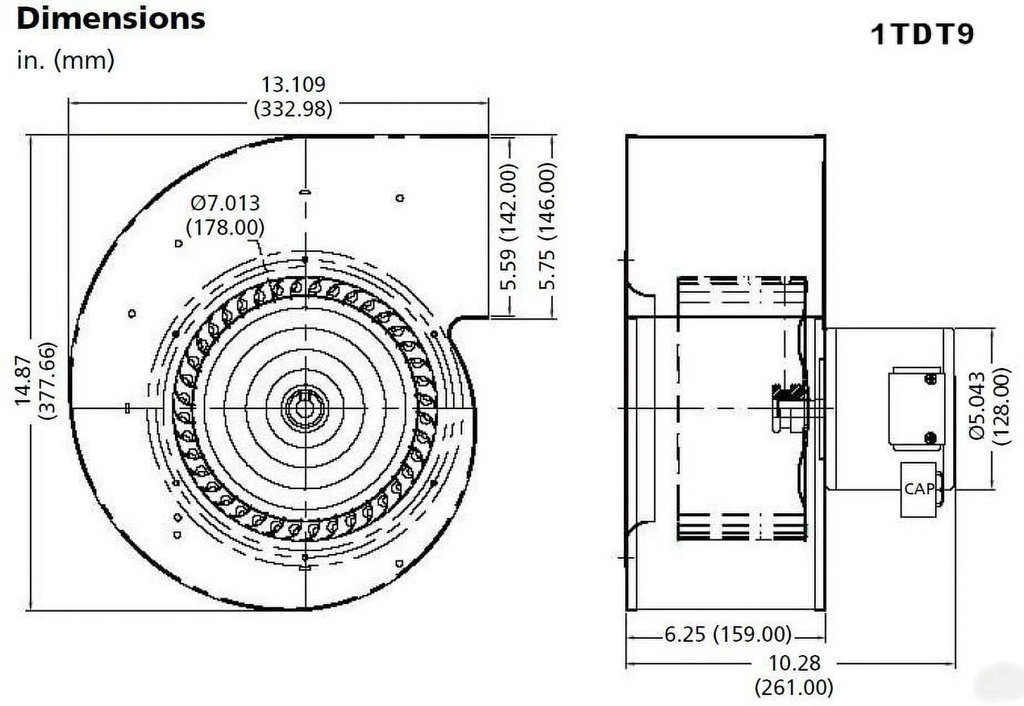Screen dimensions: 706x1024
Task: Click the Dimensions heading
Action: [111, 18]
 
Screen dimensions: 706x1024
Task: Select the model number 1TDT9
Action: [922, 34]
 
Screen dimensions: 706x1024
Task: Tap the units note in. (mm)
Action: [65, 60]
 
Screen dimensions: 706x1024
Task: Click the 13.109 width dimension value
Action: [293, 84]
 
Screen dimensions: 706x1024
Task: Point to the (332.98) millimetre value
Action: [293, 109]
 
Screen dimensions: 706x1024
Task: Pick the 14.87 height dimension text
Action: [23, 381]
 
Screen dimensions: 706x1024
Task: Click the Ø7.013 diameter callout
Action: [225, 203]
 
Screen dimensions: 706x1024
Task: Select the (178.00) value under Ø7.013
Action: [225, 227]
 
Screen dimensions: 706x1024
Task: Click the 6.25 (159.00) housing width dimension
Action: [728, 634]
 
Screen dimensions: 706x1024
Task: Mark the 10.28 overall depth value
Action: [794, 663]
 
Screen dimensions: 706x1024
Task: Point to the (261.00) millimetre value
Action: [794, 688]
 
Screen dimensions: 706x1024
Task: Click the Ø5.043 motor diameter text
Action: [978, 406]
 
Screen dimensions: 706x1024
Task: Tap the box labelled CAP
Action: [919, 489]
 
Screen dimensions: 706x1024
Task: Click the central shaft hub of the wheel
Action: [304, 409]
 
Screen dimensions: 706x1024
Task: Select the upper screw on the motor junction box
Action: [931, 379]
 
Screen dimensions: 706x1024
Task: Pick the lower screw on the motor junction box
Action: [931, 438]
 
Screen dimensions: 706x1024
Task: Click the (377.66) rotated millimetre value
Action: [49, 381]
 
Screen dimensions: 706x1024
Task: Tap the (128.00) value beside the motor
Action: [1002, 406]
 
